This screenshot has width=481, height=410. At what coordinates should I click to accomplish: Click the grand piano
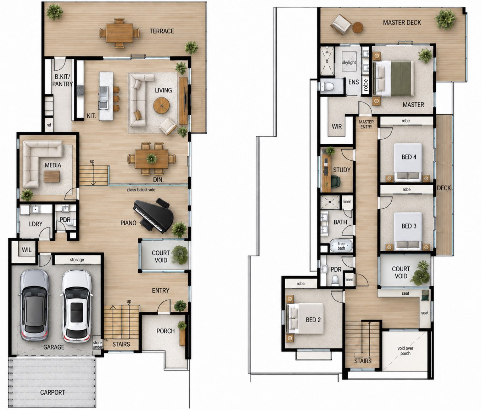click(153, 215)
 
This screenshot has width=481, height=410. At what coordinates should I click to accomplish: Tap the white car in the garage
click(77, 306)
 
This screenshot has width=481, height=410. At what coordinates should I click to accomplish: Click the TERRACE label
click(162, 31)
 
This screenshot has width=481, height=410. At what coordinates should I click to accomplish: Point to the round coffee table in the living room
click(161, 105)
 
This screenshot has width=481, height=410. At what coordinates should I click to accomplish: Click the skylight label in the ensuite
click(349, 63)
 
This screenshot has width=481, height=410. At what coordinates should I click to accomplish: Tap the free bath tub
click(341, 246)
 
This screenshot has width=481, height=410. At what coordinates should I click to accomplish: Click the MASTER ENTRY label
click(366, 124)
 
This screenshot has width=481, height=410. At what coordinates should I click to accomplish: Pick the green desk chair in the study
click(335, 181)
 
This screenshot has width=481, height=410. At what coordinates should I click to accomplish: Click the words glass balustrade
click(141, 190)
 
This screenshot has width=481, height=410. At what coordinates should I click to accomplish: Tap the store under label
click(97, 345)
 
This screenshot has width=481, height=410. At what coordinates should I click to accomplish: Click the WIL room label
click(27, 250)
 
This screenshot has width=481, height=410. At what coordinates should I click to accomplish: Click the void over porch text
click(406, 351)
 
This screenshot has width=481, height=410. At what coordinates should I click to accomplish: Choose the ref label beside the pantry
click(49, 125)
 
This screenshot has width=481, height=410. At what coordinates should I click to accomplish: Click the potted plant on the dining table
click(151, 158)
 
